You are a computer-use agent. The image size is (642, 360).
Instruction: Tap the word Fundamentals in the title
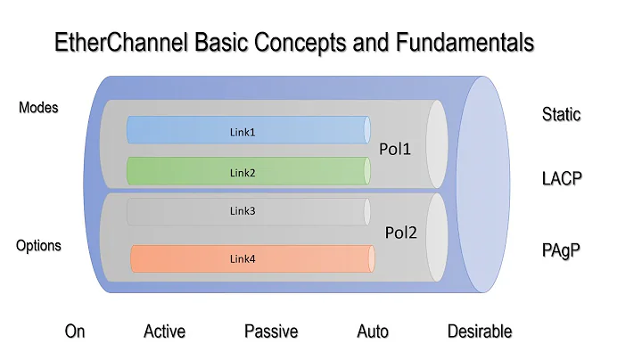[x=454, y=42]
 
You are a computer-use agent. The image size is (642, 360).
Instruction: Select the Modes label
[x=38, y=108]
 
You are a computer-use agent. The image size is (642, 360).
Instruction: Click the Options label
[x=38, y=245]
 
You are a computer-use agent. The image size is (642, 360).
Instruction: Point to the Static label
[x=561, y=115]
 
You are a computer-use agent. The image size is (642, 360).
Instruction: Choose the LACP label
[x=562, y=178]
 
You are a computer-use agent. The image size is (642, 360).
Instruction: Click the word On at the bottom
[x=75, y=331]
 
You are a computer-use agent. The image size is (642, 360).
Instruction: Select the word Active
[x=165, y=331]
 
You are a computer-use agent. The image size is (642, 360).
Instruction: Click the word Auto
[x=373, y=331]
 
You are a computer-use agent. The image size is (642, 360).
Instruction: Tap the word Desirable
[x=480, y=331]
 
